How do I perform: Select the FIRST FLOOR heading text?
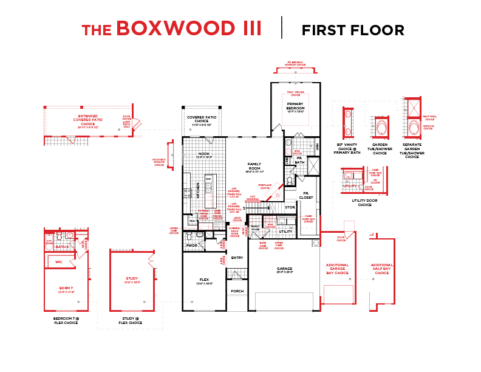(353, 30)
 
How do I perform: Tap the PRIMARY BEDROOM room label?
(295, 106)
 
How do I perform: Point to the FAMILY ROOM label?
(254, 166)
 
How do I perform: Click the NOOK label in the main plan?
(204, 154)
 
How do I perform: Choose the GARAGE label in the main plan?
(285, 268)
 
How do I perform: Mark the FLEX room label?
(204, 280)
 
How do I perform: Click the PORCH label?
(237, 291)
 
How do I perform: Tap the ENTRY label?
(237, 257)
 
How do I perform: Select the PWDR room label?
(191, 246)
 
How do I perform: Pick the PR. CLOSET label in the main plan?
(307, 195)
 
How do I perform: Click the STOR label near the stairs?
(290, 207)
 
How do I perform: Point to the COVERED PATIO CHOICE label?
(202, 119)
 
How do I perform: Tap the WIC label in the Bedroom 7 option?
(59, 261)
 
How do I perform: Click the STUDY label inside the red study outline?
(132, 278)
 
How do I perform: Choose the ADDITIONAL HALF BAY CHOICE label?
(382, 269)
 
